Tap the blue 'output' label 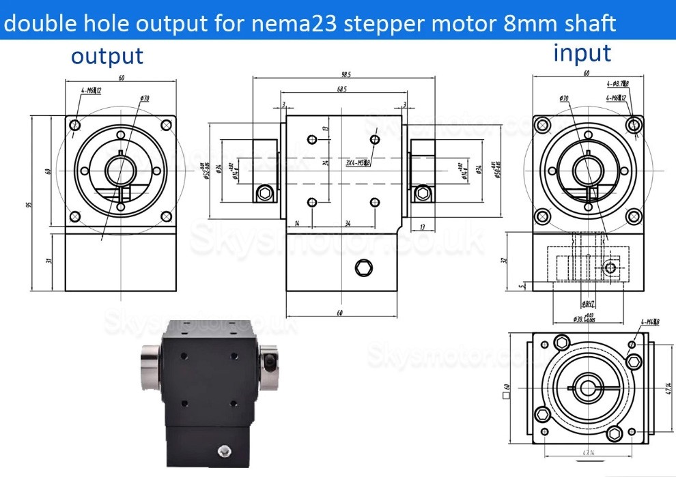click(x=107, y=56)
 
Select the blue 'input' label click(x=582, y=53)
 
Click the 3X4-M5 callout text click(x=357, y=163)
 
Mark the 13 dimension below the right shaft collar click(x=423, y=227)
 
